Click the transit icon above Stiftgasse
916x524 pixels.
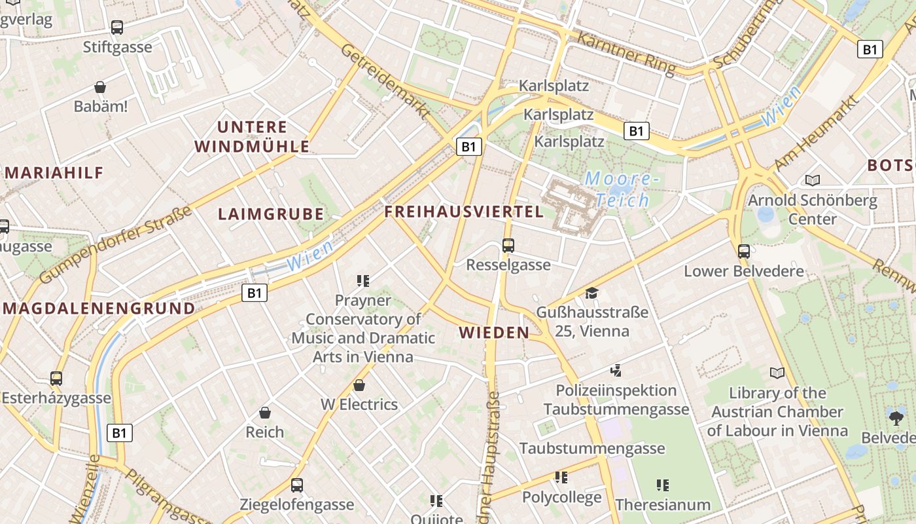[117, 28]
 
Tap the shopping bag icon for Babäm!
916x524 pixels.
[100, 87]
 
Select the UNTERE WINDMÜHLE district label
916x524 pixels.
[252, 137]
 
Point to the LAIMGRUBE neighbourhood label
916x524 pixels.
[271, 214]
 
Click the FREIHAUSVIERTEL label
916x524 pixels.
[464, 212]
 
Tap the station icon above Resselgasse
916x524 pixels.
[508, 246]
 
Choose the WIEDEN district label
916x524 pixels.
[494, 333]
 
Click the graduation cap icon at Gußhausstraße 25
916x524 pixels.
[592, 293]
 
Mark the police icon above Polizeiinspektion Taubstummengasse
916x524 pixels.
[615, 371]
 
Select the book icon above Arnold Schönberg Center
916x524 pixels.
[813, 180]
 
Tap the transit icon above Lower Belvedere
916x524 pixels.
[744, 251]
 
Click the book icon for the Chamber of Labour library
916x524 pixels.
[777, 373]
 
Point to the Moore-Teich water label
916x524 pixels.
[618, 189]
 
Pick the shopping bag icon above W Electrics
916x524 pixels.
[359, 385]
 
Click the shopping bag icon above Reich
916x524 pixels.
[265, 413]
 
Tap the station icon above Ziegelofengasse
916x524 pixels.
[297, 485]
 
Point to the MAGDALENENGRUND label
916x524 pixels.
[98, 308]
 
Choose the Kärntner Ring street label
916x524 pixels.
[625, 53]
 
